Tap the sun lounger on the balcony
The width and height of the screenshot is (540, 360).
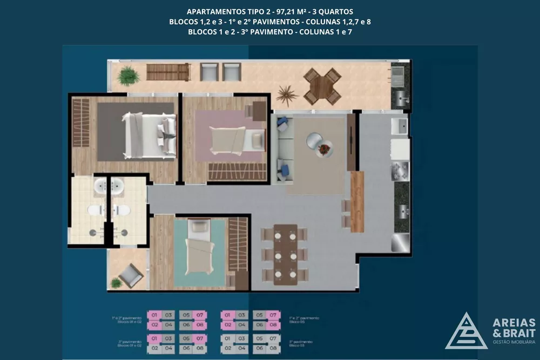168,72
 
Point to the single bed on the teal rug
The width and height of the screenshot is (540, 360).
197,249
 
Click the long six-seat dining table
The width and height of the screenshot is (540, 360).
285,254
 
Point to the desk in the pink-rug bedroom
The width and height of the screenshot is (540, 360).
258,111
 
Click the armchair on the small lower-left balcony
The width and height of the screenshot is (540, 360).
131,276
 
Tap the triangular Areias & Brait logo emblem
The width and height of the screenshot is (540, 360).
466,330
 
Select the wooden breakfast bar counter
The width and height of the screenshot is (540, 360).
357,201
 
